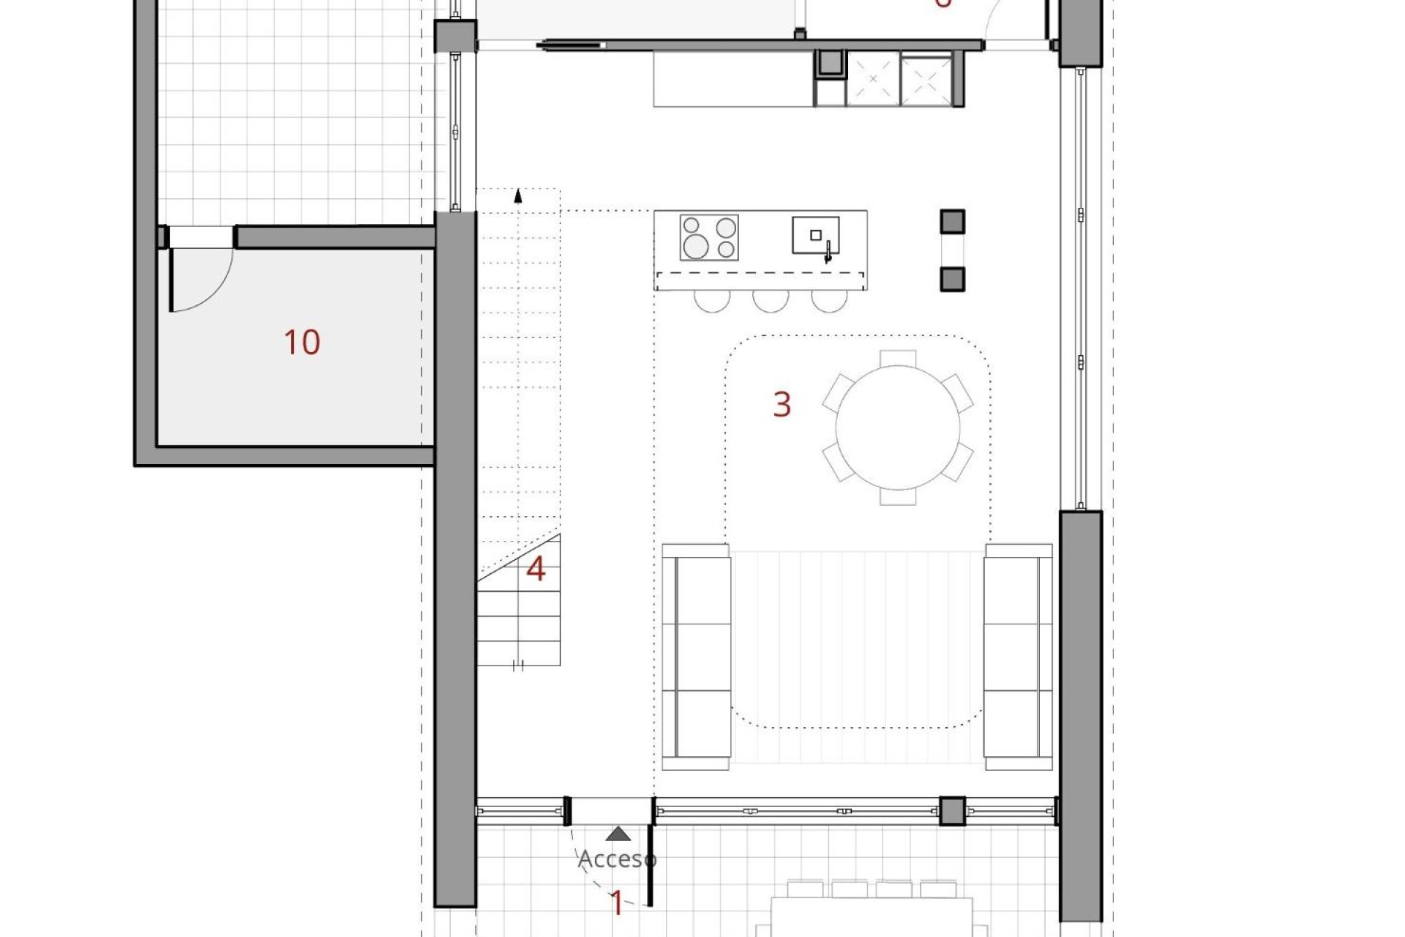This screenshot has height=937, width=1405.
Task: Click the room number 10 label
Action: pos(301,343)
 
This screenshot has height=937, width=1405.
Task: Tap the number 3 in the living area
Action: pos(782,404)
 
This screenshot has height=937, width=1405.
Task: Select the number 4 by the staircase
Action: pos(536,570)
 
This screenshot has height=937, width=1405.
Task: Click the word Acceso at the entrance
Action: pos(617,859)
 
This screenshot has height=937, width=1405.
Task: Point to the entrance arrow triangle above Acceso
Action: pos(619,833)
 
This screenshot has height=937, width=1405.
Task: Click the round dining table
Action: pos(898,428)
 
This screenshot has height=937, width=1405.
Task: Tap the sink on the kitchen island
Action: pos(815,236)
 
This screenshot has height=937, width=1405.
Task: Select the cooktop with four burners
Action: pos(709,237)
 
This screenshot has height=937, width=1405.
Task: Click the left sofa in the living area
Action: pos(696,657)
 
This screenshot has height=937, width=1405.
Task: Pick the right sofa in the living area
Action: pos(1018,657)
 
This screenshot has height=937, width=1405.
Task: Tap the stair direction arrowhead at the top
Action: pos(518,195)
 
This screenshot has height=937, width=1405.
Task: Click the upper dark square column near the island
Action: pos(952,221)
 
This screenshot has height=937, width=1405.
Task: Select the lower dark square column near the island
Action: pos(952,279)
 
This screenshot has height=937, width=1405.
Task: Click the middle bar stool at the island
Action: pos(771,301)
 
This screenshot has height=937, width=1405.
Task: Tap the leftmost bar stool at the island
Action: pos(712,301)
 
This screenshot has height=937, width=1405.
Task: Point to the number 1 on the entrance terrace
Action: pos(616,904)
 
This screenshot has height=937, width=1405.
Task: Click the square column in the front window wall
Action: pos(952,811)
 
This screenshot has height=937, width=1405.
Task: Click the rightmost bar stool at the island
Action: pos(829,301)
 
